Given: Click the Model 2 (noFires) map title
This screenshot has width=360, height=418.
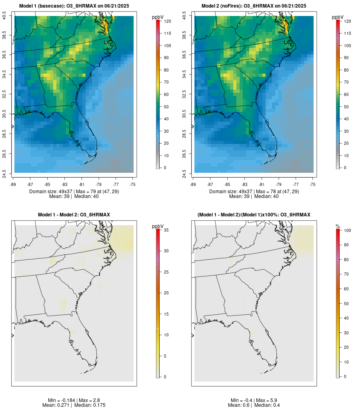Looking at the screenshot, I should click(254, 6).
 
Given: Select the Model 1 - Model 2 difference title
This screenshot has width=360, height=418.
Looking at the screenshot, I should click(74, 215).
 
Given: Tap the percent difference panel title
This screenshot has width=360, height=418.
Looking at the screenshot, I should click(254, 215).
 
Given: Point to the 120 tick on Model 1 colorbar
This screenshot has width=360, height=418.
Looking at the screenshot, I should click(167, 21).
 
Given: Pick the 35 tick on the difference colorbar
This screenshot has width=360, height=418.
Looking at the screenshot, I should click(166, 230).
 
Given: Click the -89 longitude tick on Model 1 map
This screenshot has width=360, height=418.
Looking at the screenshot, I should click(14, 184).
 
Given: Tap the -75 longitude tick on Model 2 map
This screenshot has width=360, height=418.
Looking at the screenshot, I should click(313, 184).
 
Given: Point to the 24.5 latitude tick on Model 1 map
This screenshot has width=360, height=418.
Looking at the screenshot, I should click(4, 173).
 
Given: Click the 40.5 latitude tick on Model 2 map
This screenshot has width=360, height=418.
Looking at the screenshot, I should click(184, 16).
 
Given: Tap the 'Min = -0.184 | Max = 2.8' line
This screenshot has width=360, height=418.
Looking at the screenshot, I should click(74, 400).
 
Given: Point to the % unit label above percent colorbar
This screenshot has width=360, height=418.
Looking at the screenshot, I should click(338, 226).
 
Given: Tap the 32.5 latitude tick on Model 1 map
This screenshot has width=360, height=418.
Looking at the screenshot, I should click(4, 95).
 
